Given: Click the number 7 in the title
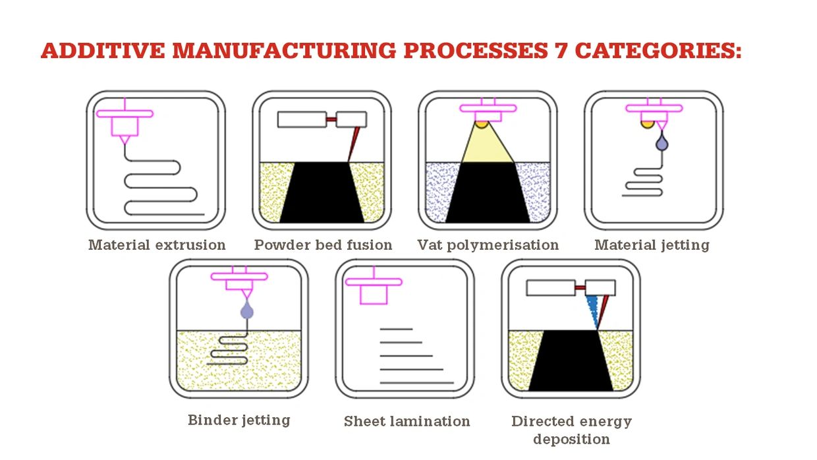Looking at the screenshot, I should pos(559,51).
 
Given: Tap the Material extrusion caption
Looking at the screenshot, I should pos(157,245).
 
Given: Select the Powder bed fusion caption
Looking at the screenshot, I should pos(323,245).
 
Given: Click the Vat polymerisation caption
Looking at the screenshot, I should pos(488,245).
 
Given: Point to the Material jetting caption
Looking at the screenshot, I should pos(652,245).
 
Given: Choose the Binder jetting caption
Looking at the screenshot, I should pos(239,420).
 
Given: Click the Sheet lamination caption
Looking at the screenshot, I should pos(407,421).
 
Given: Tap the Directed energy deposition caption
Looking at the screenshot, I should pos(571,430).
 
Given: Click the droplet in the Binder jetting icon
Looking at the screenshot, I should pos(246,310).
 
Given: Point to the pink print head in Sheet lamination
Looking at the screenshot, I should pos(374,289).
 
